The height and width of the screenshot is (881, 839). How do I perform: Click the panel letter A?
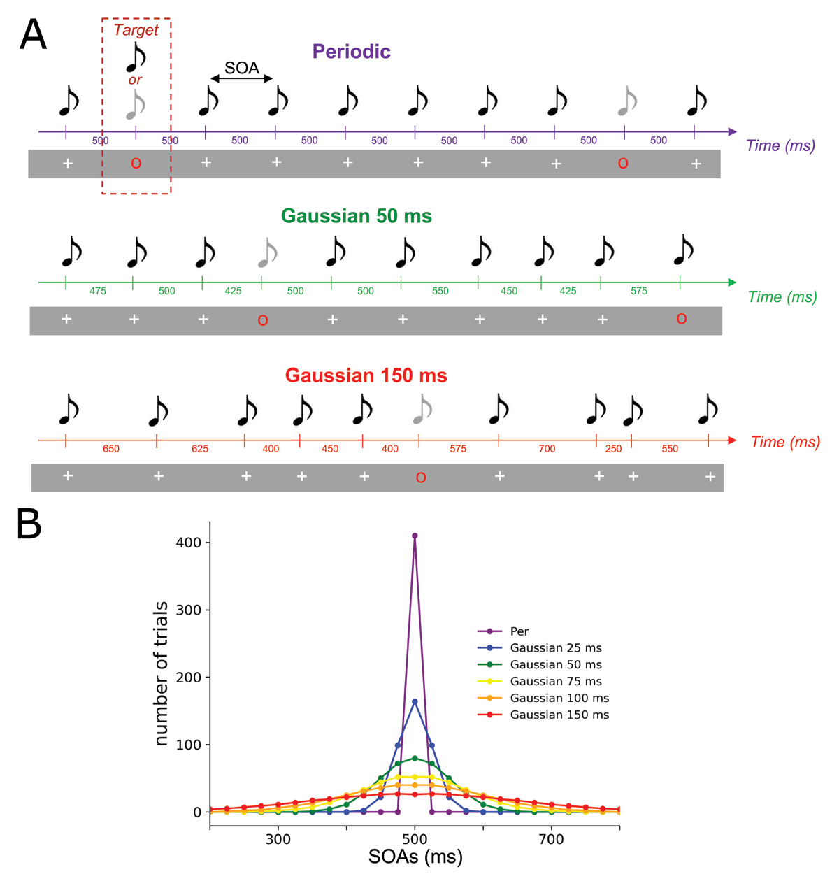(x=33, y=35)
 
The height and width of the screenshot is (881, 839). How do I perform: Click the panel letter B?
(x=29, y=524)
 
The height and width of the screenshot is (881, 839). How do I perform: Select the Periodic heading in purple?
(x=351, y=51)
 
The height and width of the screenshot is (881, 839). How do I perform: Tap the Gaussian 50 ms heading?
(x=357, y=216)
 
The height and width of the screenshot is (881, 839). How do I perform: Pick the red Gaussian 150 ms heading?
(x=366, y=375)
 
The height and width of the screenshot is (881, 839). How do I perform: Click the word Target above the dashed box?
(x=136, y=30)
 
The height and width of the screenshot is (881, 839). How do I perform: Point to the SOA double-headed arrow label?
(x=242, y=68)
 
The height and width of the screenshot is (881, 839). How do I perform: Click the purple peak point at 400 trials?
(x=415, y=536)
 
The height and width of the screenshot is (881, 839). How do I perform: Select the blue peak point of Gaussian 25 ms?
(x=415, y=701)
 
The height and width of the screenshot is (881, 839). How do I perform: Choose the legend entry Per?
(x=519, y=631)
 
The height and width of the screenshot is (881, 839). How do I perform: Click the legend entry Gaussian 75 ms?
(x=556, y=681)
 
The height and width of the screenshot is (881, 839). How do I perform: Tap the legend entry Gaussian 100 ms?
(x=559, y=698)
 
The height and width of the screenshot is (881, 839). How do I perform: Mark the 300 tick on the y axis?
(x=189, y=610)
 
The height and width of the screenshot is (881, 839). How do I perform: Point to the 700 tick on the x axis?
(x=551, y=838)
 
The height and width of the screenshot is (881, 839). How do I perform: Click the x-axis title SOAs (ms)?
(x=415, y=857)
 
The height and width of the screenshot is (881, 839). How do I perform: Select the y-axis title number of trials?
(x=162, y=673)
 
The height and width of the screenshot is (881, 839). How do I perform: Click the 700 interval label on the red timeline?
(x=547, y=449)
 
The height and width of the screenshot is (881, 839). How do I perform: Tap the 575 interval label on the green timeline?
(x=638, y=291)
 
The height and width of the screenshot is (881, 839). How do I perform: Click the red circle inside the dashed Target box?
(x=136, y=164)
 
